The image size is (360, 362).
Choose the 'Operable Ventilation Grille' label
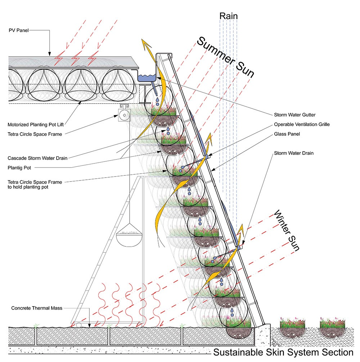tap(302, 125)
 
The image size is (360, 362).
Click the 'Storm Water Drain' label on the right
tap(294, 153)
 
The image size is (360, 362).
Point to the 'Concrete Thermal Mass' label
tap(36, 308)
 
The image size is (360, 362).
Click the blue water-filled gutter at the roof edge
tap(148, 77)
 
